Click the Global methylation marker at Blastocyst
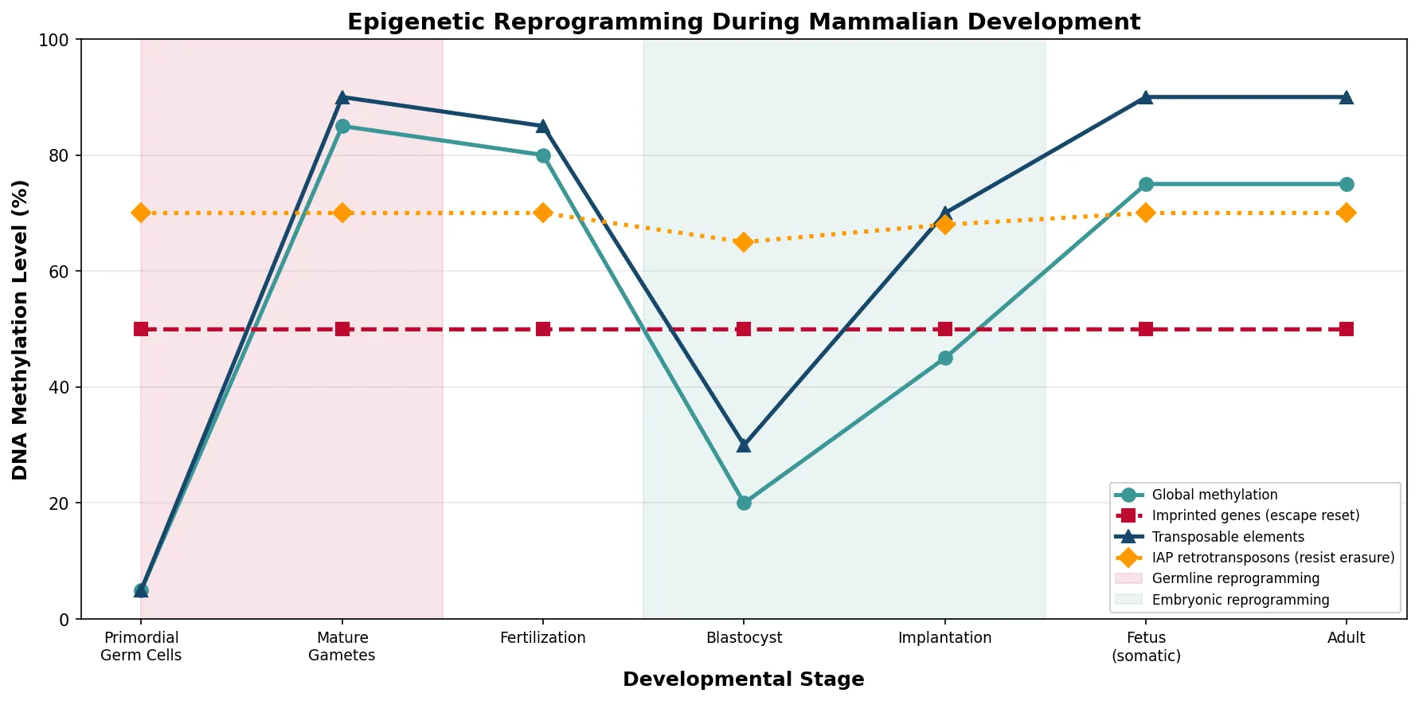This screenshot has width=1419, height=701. [x=744, y=503]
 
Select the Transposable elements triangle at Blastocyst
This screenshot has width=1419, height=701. [x=744, y=444]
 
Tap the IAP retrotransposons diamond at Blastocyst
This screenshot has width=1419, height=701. [x=744, y=242]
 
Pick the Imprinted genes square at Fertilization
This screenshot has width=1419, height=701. [x=543, y=329]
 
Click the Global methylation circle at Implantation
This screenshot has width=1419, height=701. [x=945, y=358]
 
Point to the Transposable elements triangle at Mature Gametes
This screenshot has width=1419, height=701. [x=342, y=97]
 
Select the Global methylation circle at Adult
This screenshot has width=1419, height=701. [x=1347, y=184]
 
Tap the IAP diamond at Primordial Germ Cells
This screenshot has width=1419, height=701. [x=141, y=213]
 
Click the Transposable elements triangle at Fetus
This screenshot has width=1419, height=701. [x=1146, y=97]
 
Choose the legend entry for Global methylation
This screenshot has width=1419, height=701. [x=1214, y=495]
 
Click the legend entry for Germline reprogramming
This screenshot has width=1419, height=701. [x=1235, y=578]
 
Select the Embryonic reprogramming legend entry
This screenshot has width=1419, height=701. [x=1241, y=600]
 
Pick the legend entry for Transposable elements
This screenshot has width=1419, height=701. [x=1228, y=537]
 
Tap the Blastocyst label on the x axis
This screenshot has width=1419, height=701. [x=744, y=638]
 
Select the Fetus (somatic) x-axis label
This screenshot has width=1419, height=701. [x=1146, y=647]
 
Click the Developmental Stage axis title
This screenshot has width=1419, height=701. [x=743, y=679]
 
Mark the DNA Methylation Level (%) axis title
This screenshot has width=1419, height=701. [x=21, y=329]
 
